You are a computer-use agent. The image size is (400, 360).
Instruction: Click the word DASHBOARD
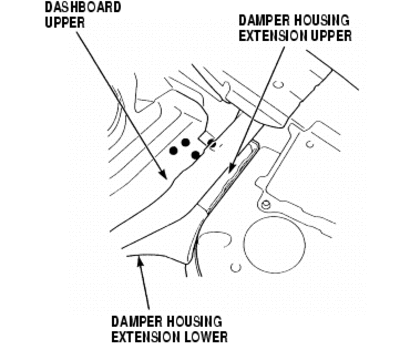(83, 7)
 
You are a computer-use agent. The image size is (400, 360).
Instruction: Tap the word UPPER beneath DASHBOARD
(65, 23)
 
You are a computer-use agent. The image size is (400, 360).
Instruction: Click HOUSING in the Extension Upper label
(322, 20)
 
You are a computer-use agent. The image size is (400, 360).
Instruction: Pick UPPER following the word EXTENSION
(330, 36)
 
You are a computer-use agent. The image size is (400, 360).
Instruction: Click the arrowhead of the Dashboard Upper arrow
(163, 174)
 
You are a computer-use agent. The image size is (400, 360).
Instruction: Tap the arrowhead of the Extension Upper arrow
(231, 169)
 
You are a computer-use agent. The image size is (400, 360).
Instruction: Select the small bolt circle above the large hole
(265, 205)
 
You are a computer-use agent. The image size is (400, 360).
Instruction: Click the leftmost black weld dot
(173, 151)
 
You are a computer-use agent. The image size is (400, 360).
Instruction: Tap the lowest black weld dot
(196, 155)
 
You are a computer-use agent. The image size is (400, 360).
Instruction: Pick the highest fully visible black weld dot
(185, 143)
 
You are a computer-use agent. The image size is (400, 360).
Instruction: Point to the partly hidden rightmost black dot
(211, 143)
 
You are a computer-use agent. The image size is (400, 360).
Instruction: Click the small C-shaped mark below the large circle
(236, 267)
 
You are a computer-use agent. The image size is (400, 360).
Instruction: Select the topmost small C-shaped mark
(279, 85)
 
